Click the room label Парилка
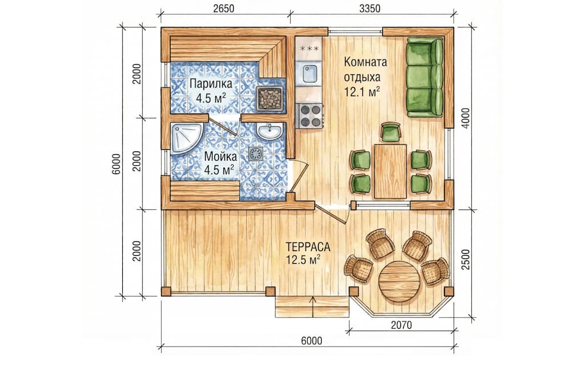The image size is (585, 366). [210, 83]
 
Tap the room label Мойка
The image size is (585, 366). [220, 157]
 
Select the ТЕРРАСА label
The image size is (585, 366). [308, 247]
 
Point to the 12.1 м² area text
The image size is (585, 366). [362, 92]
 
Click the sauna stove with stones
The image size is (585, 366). [270, 98]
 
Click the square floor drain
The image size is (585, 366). [257, 153]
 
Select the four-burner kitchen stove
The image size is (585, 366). [310, 116]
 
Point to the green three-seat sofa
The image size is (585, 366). [424, 77]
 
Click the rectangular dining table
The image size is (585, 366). [390, 171]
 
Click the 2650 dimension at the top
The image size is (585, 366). [223, 8]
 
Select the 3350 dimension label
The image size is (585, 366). [370, 8]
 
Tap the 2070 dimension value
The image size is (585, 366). [402, 325]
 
